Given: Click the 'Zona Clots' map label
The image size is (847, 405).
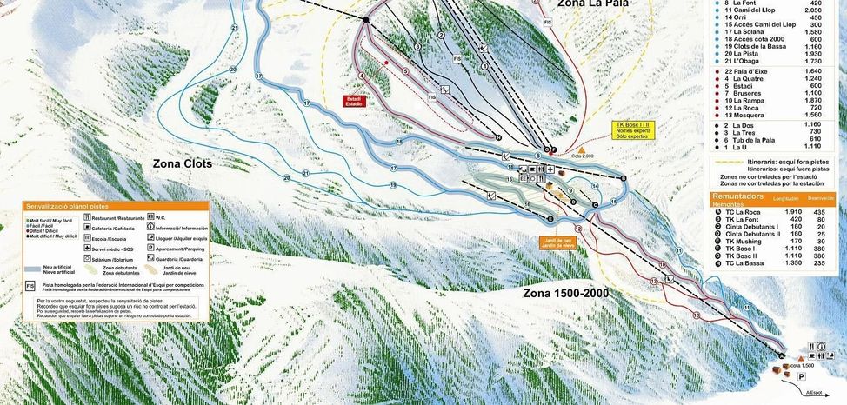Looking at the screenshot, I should tap(182, 163).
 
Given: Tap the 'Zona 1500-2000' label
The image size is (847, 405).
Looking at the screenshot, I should tap(565, 293).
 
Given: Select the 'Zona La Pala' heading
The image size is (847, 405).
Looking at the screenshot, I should tap(587, 4).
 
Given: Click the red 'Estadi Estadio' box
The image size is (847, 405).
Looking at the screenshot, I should tap(354, 101).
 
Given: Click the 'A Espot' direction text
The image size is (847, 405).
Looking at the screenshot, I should tap(815, 392).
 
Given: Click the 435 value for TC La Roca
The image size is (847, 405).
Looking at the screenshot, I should tap(818, 212).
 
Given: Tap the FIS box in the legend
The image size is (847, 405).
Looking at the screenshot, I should tap(30, 285).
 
